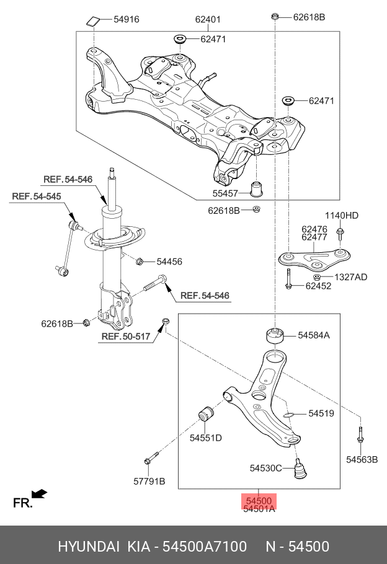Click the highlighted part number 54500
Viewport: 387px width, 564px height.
point(259,500)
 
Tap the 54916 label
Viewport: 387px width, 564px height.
point(126,19)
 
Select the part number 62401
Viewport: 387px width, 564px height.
point(208,19)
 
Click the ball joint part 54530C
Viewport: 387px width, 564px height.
point(300,469)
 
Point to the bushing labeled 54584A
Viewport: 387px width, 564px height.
point(274,335)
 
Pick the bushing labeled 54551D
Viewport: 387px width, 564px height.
point(207,413)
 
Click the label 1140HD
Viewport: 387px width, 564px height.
point(342,216)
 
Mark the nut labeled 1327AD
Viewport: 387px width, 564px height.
point(316,276)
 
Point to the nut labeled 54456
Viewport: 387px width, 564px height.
point(140,261)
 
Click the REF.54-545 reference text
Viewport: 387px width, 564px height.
point(37,196)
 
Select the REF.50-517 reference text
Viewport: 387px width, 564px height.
point(126,337)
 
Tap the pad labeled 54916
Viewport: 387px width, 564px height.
point(93,22)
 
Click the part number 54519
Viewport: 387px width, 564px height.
point(321,413)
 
